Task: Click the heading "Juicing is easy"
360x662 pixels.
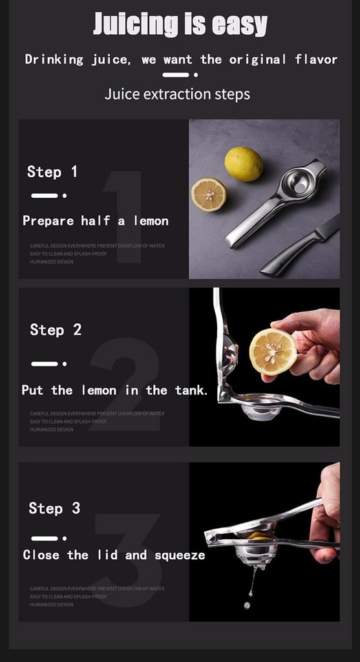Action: click(x=180, y=24)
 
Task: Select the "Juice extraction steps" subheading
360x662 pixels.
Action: click(x=177, y=94)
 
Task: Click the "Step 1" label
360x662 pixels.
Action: click(x=52, y=172)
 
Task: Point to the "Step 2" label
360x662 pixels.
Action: click(x=56, y=330)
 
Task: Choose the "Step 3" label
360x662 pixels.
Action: click(x=54, y=508)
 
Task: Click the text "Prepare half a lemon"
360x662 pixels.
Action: click(x=96, y=221)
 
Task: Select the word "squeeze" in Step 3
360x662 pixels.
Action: click(x=180, y=555)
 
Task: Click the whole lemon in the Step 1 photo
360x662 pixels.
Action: click(x=244, y=164)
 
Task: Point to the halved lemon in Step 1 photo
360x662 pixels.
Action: click(x=209, y=195)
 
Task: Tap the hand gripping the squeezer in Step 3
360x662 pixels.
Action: click(x=326, y=511)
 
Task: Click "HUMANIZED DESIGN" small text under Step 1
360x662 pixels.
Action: click(x=52, y=262)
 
